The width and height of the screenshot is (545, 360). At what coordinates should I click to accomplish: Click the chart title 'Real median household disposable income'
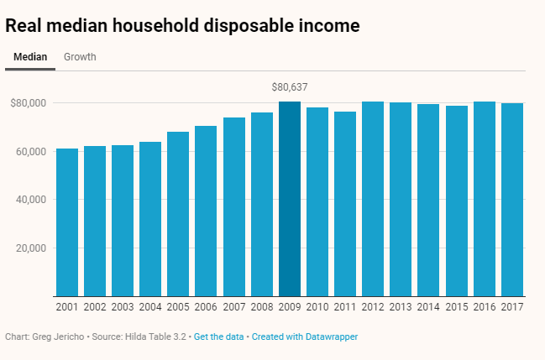tap(182, 25)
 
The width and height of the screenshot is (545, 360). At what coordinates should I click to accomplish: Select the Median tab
tap(30, 57)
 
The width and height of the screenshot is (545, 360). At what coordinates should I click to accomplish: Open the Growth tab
tap(80, 57)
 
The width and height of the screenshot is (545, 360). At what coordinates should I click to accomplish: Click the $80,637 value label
tap(290, 86)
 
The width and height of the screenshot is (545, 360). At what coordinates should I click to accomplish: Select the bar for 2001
tap(67, 222)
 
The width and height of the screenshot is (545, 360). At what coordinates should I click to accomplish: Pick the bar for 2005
tap(178, 214)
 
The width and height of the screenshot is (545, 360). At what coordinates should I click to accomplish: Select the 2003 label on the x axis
tap(123, 308)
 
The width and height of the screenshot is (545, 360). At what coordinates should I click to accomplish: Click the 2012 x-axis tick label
tap(373, 308)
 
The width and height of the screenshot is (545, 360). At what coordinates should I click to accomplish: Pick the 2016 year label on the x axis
tap(485, 308)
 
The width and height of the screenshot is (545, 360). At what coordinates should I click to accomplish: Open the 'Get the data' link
tap(218, 337)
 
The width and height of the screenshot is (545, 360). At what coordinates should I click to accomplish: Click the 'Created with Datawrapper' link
tap(305, 337)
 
